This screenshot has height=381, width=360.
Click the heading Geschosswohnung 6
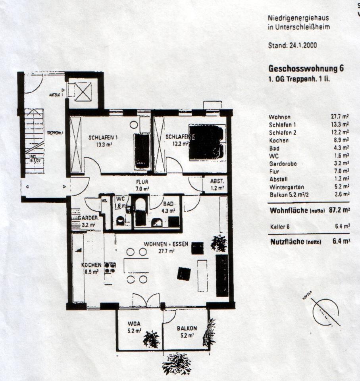pyautogui.click(x=306, y=68)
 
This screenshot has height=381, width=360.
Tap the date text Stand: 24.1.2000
pyautogui.click(x=293, y=45)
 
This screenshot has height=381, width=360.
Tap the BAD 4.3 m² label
pyautogui.click(x=168, y=204)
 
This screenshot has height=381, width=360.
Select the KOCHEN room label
pyautogui.click(x=90, y=265)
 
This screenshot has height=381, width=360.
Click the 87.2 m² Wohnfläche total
pyautogui.click(x=339, y=210)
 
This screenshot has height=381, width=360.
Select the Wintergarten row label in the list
pyautogui.click(x=285, y=187)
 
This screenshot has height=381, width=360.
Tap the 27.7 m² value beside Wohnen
pyautogui.click(x=340, y=117)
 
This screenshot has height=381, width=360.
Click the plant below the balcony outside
pyautogui.click(x=177, y=363)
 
